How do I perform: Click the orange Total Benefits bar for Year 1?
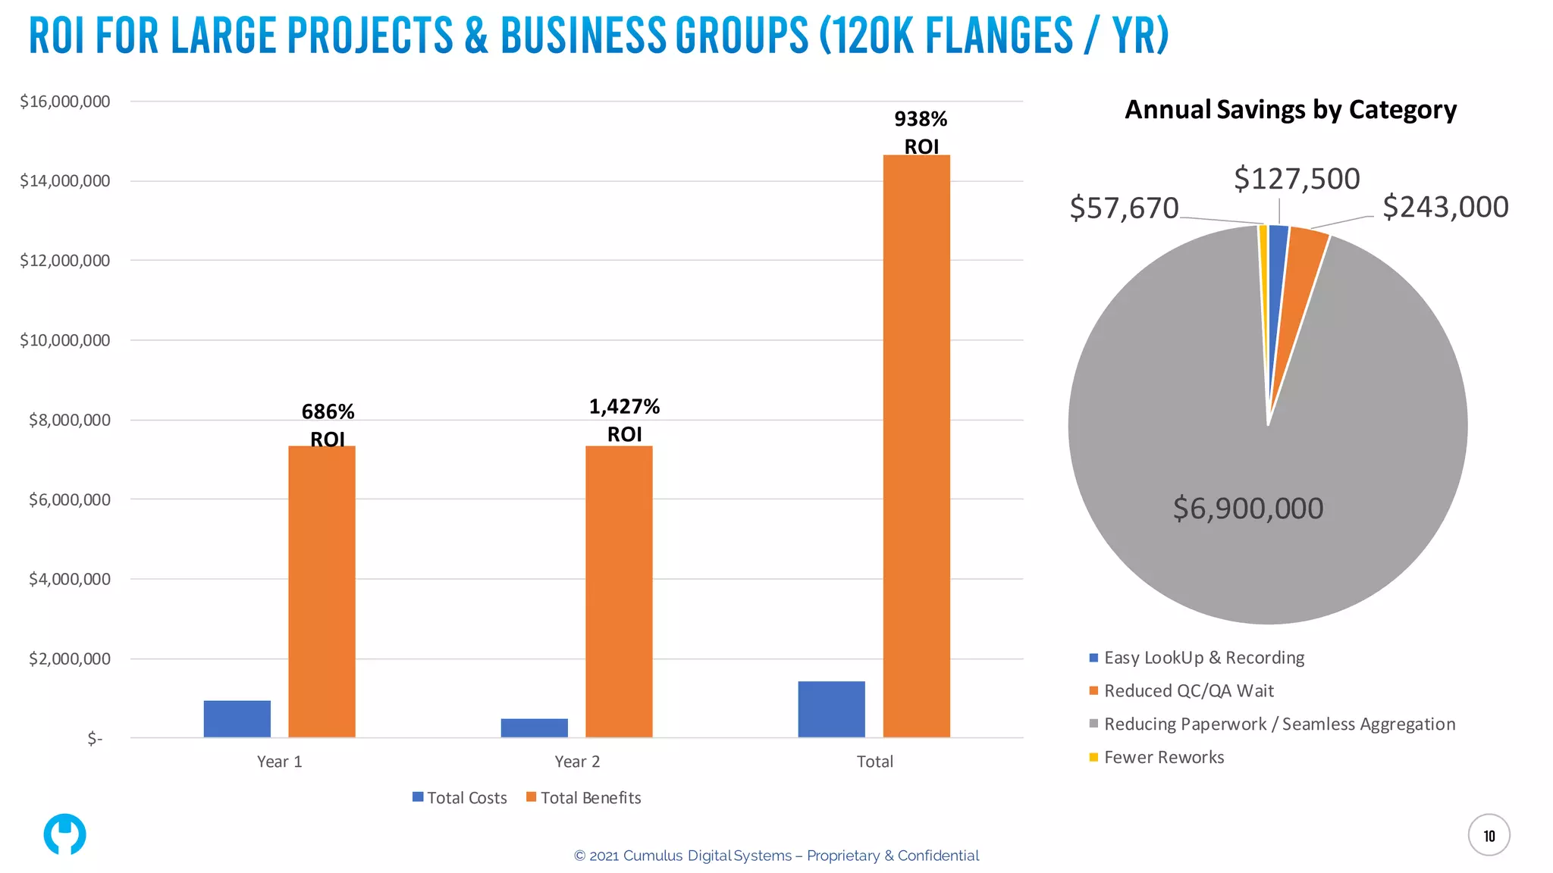[x=322, y=591]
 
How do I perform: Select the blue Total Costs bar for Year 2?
[x=534, y=727]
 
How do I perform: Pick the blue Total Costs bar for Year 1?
[x=237, y=718]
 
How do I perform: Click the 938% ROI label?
[x=921, y=132]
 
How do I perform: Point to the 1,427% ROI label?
[x=624, y=420]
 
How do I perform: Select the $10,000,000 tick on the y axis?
[x=65, y=340]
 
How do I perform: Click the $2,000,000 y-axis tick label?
[x=70, y=659]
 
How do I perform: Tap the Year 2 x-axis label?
[x=577, y=762]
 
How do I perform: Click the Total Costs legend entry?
[x=460, y=797]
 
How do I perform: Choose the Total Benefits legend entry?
[x=584, y=797]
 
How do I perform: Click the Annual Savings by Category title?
[x=1291, y=110]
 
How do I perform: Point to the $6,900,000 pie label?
[x=1248, y=508]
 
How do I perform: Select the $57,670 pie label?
[x=1124, y=208]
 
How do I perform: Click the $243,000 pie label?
[x=1445, y=207]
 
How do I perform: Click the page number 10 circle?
[x=1489, y=835]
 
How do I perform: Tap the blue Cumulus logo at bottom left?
[x=64, y=834]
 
